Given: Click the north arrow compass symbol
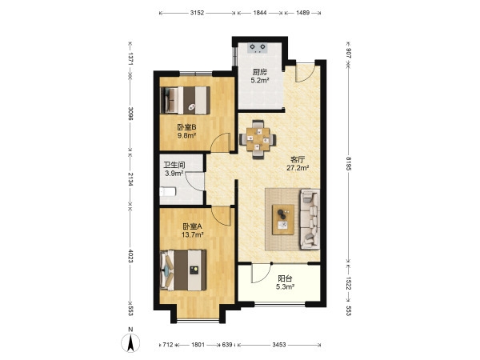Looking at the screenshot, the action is (130, 342).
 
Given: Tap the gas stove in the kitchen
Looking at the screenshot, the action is (258, 48).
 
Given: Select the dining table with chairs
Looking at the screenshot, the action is (258, 139).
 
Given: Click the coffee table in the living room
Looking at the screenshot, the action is (283, 220).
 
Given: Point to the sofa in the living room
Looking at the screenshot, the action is (310, 219).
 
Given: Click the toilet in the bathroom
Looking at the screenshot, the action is (168, 192).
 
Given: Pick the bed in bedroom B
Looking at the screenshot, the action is (186, 101).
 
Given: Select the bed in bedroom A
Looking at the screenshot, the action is (183, 270).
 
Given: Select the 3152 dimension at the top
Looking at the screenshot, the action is (197, 13).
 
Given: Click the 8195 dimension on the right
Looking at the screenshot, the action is (349, 163).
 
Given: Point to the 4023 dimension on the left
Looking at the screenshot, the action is (130, 256).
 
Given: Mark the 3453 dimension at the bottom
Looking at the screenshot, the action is (279, 345).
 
